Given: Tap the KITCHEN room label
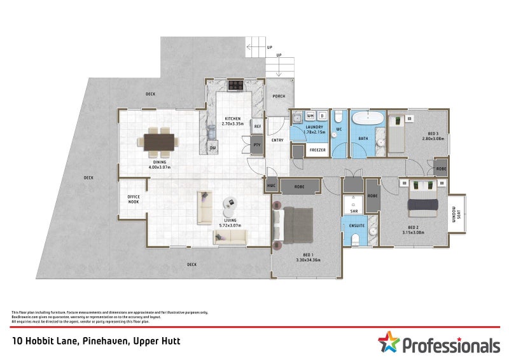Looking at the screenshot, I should pyautogui.click(x=232, y=119).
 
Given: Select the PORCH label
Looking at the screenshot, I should pyautogui.click(x=279, y=97).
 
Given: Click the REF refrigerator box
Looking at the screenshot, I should pyautogui.click(x=258, y=127).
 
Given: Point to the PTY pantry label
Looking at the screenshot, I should pyautogui.click(x=258, y=145).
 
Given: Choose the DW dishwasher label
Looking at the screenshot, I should pyautogui.click(x=213, y=148).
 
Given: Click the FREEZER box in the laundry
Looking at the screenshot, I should pyautogui.click(x=317, y=151).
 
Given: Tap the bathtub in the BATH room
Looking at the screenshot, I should pyautogui.click(x=368, y=118).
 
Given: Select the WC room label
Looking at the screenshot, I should pyautogui.click(x=339, y=129).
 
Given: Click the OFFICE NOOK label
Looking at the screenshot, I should pyautogui.click(x=133, y=199).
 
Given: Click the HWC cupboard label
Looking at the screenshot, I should pyautogui.click(x=271, y=186).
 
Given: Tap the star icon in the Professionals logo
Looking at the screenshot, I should pyautogui.click(x=387, y=342).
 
